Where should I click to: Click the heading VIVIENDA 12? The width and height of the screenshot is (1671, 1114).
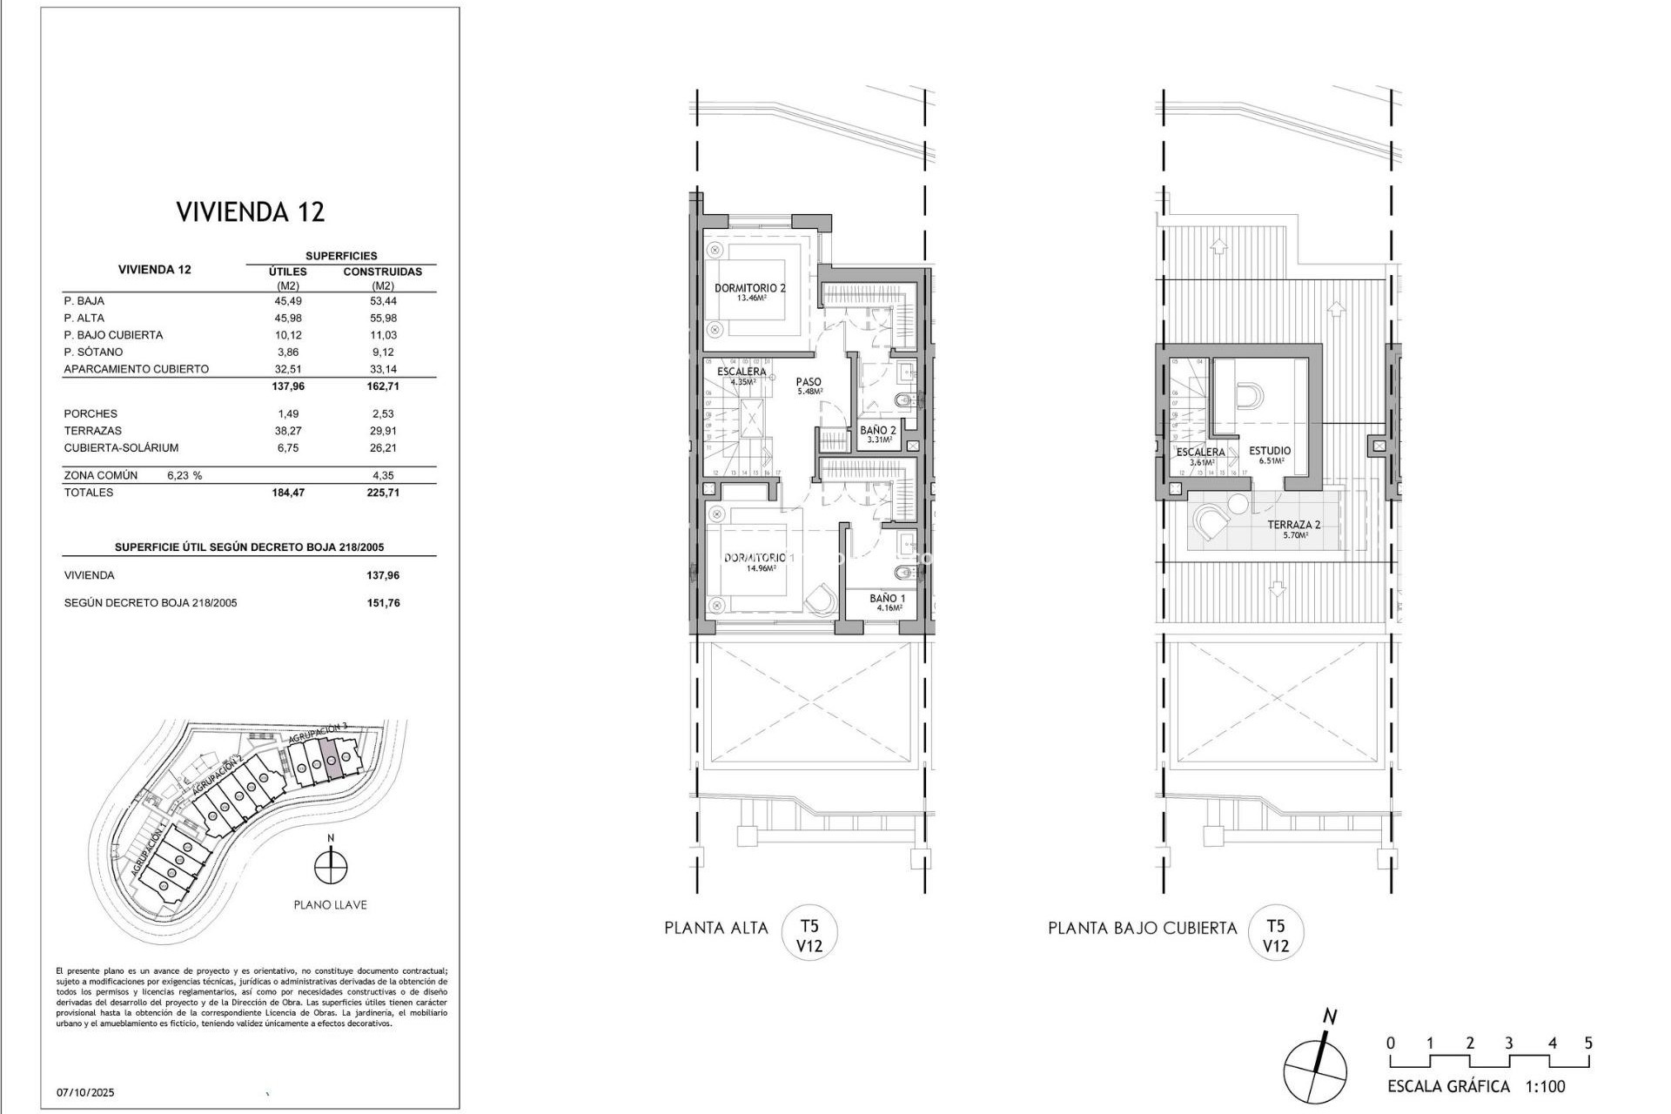[251, 211]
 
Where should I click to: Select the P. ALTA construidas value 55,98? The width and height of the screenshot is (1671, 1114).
[383, 318]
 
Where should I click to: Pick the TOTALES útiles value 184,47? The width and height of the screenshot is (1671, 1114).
[288, 493]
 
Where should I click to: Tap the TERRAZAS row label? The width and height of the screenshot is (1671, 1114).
[93, 431]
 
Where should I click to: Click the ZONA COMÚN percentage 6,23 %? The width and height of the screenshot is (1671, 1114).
[184, 476]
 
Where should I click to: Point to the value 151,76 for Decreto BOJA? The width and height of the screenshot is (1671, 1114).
[383, 603]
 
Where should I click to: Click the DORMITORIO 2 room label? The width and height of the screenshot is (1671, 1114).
[749, 288]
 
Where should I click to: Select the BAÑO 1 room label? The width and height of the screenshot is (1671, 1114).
[887, 599]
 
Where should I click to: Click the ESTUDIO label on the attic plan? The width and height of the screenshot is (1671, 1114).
[1270, 451]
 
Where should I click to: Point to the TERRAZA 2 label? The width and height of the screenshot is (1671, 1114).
[1293, 525]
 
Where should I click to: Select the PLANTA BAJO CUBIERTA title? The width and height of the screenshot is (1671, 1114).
[1142, 929]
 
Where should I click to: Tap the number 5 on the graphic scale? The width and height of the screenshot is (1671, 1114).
[1588, 1044]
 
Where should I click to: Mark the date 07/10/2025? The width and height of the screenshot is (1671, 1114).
[85, 1092]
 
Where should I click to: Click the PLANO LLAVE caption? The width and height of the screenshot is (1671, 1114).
[330, 905]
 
